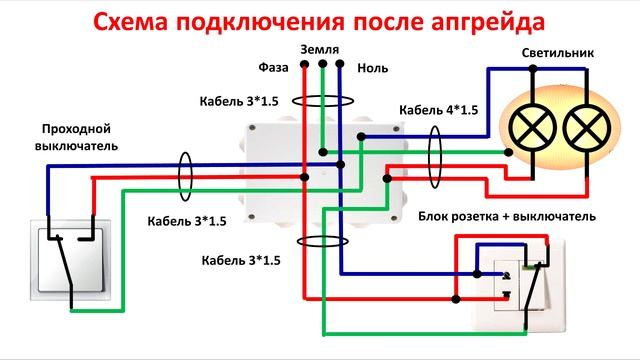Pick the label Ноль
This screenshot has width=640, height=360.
pyautogui.click(x=369, y=68)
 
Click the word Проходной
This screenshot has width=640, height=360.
pyautogui.click(x=75, y=129)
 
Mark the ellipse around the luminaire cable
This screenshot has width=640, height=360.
pyautogui.click(x=434, y=156)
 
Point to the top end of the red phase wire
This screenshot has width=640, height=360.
pyautogui.click(x=304, y=66)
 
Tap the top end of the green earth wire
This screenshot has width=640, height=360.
pyautogui.click(x=322, y=66)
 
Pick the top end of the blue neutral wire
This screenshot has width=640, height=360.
pyautogui.click(x=340, y=66)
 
